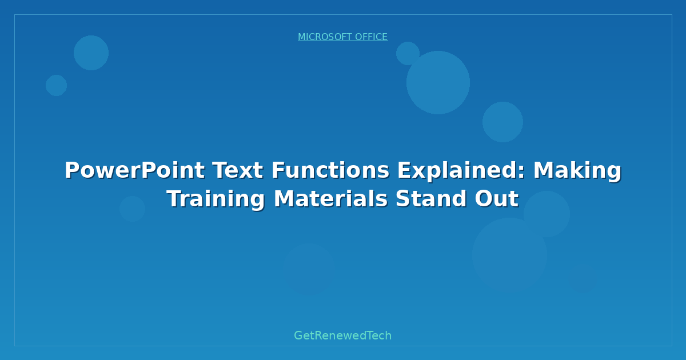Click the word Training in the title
click(216, 199)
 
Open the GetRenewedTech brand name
click(342, 335)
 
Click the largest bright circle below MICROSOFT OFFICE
click(438, 82)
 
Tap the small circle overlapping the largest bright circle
click(408, 53)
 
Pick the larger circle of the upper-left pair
click(91, 53)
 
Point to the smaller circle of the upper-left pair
click(56, 85)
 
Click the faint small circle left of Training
click(132, 209)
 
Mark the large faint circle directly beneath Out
click(509, 255)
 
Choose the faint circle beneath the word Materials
click(309, 269)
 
